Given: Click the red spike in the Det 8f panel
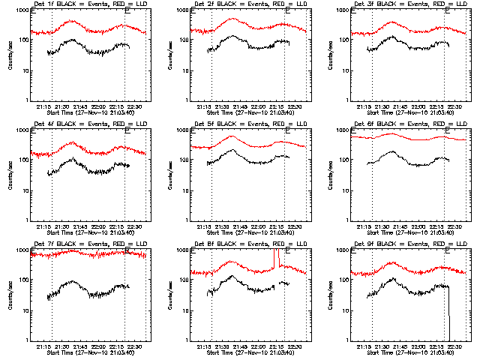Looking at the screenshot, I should pos(277,259).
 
